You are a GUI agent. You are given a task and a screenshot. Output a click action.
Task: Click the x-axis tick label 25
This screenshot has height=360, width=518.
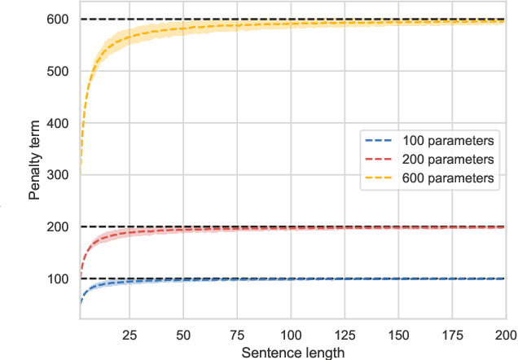pyautogui.click(x=130, y=335)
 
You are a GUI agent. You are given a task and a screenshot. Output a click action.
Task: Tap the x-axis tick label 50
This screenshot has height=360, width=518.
pyautogui.click(x=183, y=335)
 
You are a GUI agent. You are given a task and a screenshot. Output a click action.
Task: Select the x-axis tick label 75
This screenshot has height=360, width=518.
pyautogui.click(x=237, y=335)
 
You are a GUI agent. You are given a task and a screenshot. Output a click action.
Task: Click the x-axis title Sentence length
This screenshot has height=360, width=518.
pyautogui.click(x=292, y=352)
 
